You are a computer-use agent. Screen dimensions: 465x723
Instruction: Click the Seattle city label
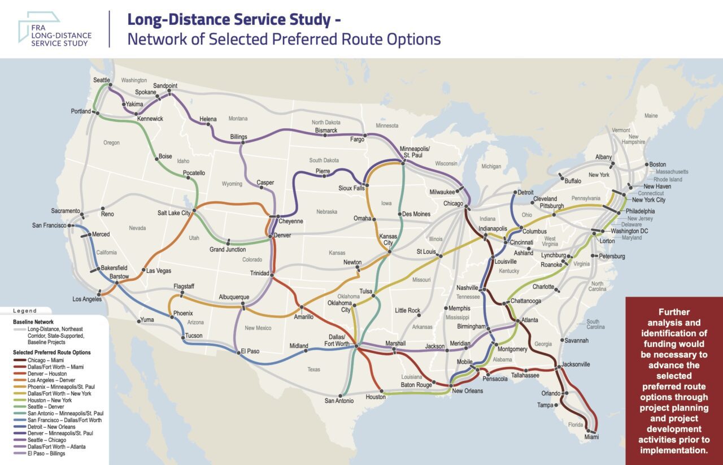102,80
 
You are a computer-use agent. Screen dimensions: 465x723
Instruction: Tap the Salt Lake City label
175,213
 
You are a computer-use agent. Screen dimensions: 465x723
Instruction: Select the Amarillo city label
303,317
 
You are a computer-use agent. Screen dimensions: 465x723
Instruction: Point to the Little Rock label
408,310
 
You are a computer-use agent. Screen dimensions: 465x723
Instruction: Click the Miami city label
591,437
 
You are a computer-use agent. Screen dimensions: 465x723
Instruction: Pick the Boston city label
658,164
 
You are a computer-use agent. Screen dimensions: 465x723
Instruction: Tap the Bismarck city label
326,131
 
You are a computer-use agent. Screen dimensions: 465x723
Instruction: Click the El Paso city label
250,351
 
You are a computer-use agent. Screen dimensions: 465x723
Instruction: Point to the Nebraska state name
327,212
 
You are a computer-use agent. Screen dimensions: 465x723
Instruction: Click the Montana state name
238,119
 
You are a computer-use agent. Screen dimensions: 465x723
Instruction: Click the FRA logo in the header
54,31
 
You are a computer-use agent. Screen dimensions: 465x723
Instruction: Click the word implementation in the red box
673,450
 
